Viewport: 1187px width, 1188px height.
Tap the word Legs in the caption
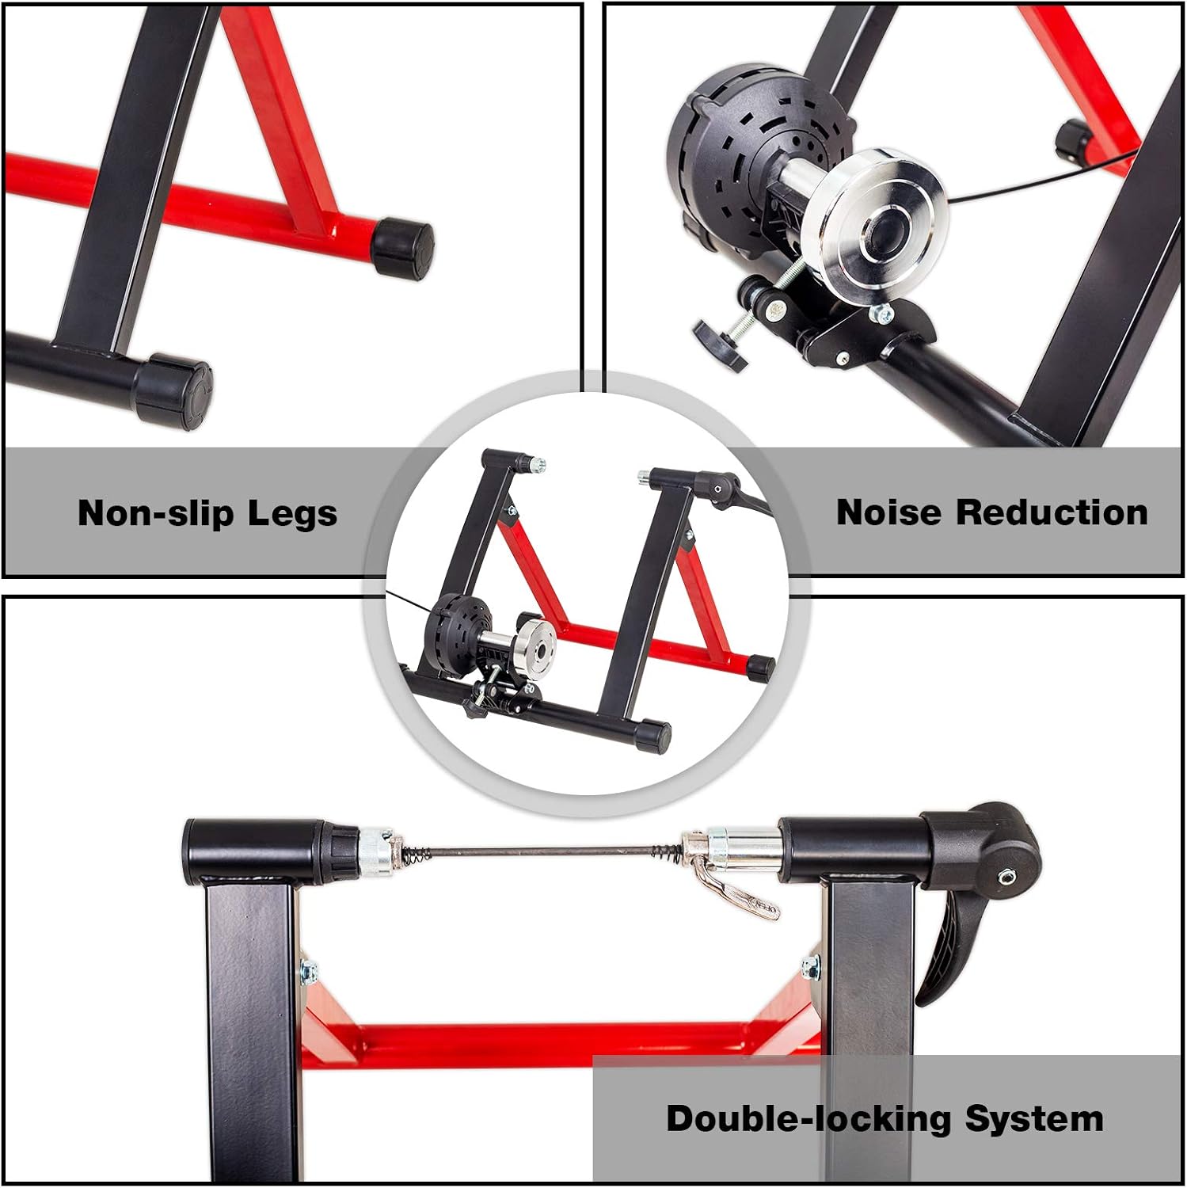(292, 515)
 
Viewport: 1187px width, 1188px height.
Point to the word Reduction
(1052, 512)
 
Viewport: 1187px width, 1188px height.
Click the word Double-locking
(808, 1118)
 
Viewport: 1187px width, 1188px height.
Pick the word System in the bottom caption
(1034, 1118)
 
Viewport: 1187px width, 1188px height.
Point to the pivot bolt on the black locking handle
(1006, 876)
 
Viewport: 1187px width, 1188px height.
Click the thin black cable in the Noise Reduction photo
(1029, 182)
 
